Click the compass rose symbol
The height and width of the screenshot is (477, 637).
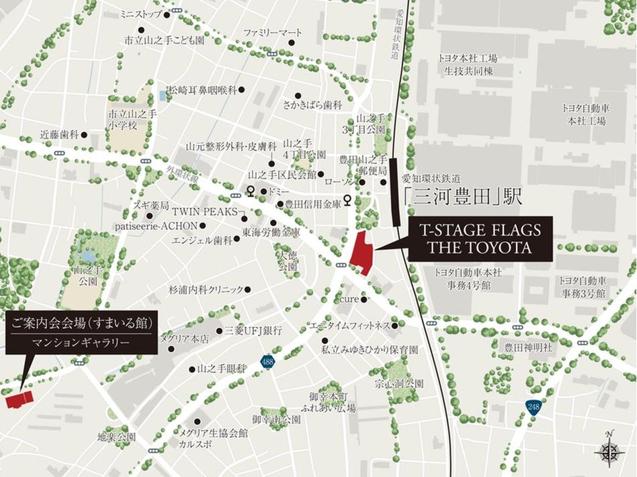point(609,451)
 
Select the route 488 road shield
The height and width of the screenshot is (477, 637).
point(268,363)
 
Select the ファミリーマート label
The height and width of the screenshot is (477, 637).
point(271,32)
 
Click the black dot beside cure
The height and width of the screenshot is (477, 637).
point(365,300)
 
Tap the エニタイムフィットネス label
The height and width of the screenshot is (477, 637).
point(349,326)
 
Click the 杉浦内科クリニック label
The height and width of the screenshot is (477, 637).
point(206,290)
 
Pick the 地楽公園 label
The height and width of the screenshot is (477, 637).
point(116,437)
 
